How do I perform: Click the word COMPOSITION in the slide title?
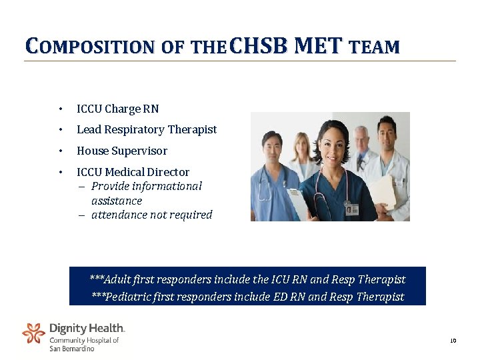(x=89, y=47)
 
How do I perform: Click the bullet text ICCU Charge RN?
(x=117, y=109)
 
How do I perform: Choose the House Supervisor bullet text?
(x=121, y=151)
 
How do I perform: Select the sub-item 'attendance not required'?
(x=151, y=215)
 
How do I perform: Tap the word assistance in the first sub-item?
(x=117, y=201)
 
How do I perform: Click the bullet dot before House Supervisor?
(x=60, y=151)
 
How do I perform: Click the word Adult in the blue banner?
(x=118, y=279)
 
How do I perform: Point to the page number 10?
(x=453, y=341)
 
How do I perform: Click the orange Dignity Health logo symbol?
(x=33, y=333)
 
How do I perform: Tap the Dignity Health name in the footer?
(x=87, y=328)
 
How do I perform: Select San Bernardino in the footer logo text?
(x=72, y=349)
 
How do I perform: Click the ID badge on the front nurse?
(x=351, y=210)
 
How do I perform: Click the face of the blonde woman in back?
(x=302, y=145)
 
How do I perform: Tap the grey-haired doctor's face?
(x=361, y=139)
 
